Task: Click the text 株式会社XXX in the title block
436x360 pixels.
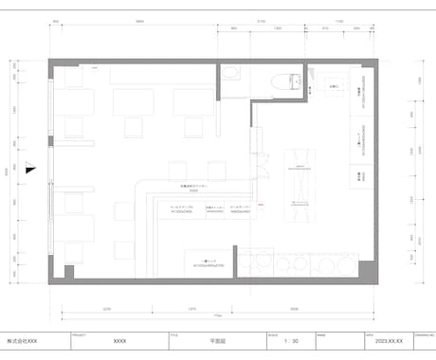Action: tap(23, 340)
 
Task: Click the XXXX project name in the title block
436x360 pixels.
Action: tap(119, 340)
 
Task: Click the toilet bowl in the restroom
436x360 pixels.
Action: tap(281, 82)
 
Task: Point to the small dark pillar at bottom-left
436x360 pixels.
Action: tap(69, 271)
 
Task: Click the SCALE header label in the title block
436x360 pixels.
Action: tap(273, 333)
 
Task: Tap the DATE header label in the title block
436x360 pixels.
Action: tap(370, 333)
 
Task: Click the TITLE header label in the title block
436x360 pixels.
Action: tap(174, 333)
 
